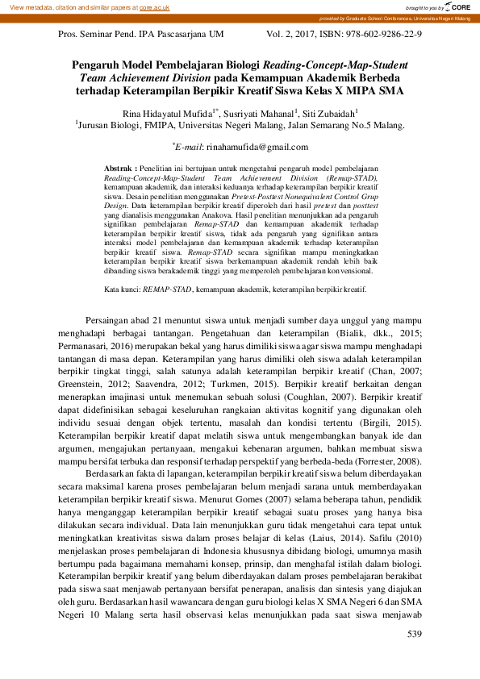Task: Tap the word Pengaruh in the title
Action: (98, 65)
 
